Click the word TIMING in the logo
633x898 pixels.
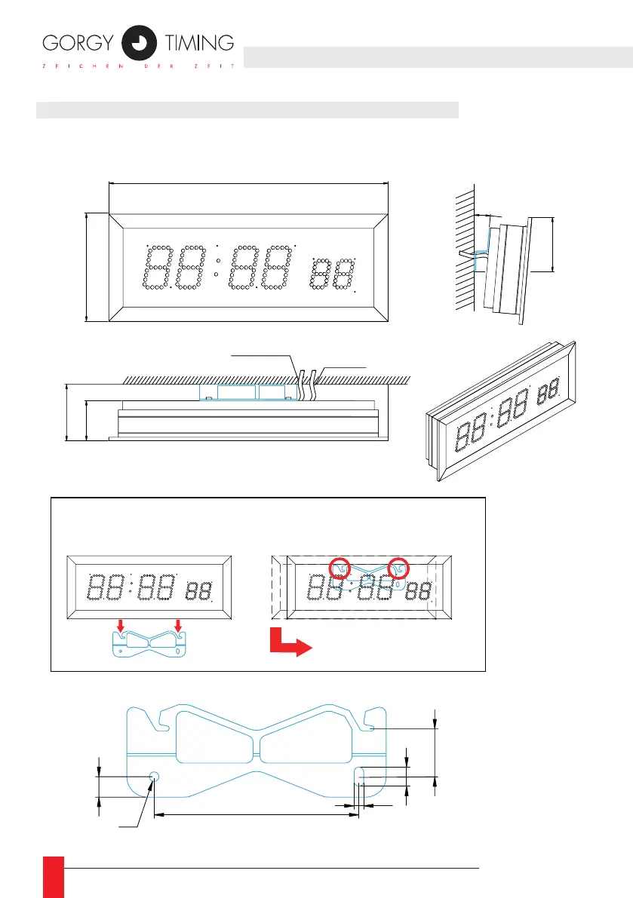(198, 43)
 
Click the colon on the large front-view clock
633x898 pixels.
(217, 269)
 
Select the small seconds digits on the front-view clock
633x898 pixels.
(333, 274)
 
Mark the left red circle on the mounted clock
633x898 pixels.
(340, 568)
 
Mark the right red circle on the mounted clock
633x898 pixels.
(398, 568)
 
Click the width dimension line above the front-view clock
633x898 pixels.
(247, 182)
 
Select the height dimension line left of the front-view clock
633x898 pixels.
(87, 268)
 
